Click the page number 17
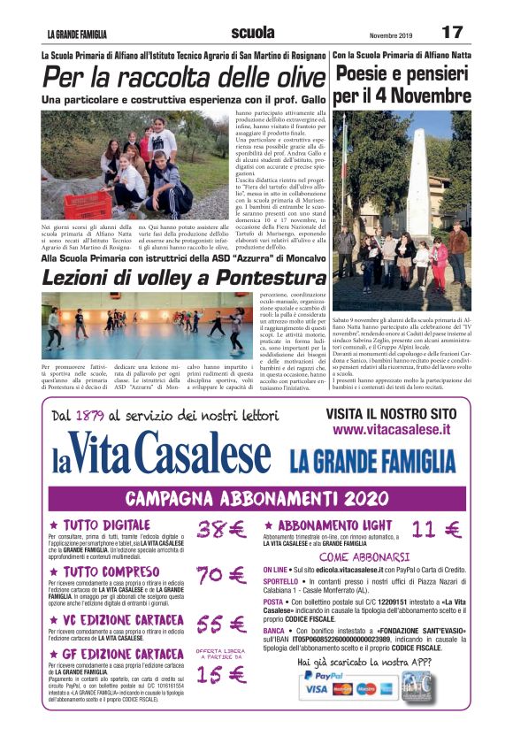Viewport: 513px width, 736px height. pyautogui.click(x=451, y=32)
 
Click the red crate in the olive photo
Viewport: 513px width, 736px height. pyautogui.click(x=88, y=204)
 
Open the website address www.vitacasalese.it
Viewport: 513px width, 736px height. pyautogui.click(x=392, y=430)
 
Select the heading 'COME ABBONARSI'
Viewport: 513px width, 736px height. pyautogui.click(x=364, y=557)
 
